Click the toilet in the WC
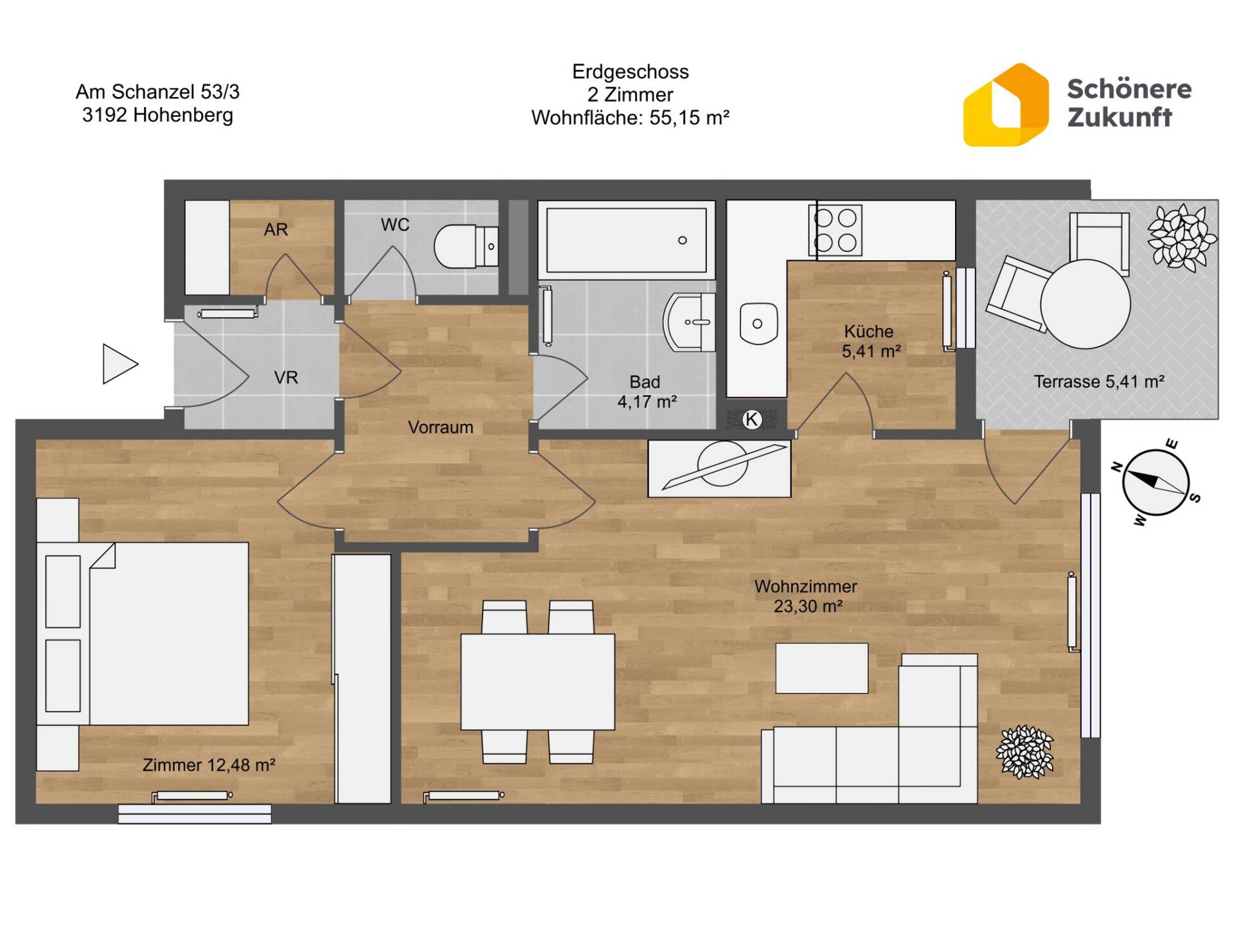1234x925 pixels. pyautogui.click(x=466, y=246)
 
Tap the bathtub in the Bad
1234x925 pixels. pyautogui.click(x=627, y=240)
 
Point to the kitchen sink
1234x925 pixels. pyautogui.click(x=758, y=323)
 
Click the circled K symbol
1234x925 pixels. pyautogui.click(x=751, y=419)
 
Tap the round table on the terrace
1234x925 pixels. pyautogui.click(x=1085, y=304)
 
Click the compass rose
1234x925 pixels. pyautogui.click(x=1156, y=482)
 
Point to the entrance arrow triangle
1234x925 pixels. pyautogui.click(x=120, y=364)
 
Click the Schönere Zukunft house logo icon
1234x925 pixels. pyautogui.click(x=1006, y=105)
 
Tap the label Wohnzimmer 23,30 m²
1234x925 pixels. pyautogui.click(x=806, y=596)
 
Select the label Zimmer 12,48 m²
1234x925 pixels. pyautogui.click(x=209, y=765)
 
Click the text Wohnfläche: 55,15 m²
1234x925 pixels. pyautogui.click(x=630, y=118)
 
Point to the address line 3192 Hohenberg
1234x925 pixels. pyautogui.click(x=157, y=116)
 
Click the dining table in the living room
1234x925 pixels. pyautogui.click(x=538, y=682)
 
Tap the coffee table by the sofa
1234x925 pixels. pyautogui.click(x=821, y=668)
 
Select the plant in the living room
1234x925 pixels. pyautogui.click(x=1024, y=752)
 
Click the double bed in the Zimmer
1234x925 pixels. pyautogui.click(x=143, y=634)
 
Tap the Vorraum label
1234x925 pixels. pyautogui.click(x=440, y=427)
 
